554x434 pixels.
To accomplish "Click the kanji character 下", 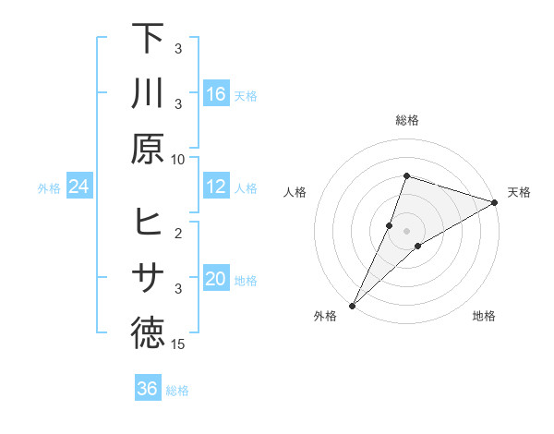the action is tap(148, 39).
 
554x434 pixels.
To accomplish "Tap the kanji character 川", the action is tap(148, 93).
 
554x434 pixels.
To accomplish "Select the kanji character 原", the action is tap(148, 148).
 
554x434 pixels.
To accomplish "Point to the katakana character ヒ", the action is tap(148, 223).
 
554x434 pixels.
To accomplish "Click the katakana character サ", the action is tap(148, 278).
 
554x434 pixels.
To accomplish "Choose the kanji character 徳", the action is tap(148, 333).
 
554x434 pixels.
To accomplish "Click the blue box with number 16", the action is tap(216, 94).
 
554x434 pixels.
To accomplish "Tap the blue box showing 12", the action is tap(216, 187).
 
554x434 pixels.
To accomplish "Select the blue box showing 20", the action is tap(216, 280).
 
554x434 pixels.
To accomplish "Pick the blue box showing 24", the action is tap(79, 187).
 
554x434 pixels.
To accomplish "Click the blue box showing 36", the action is tap(148, 389).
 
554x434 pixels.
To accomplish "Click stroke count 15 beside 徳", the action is tap(178, 344).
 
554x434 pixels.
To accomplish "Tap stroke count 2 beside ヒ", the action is tap(178, 233).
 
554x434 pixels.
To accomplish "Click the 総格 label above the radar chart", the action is tap(406, 120).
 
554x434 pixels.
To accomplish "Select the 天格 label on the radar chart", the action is tap(519, 192).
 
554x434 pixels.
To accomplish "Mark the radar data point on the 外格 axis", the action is tap(352, 306).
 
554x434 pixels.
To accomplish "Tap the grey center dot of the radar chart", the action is tap(406, 230).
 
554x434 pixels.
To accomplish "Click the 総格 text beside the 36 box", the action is tap(177, 391).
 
